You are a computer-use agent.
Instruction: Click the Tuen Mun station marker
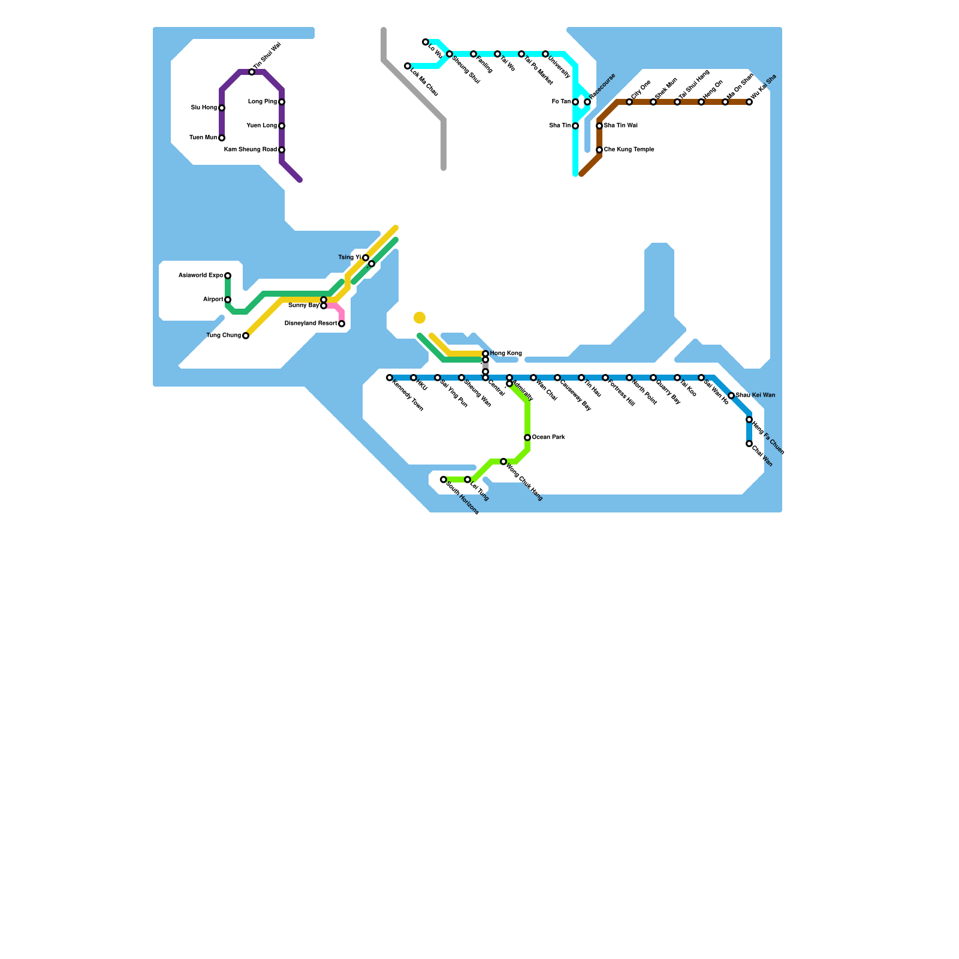222,138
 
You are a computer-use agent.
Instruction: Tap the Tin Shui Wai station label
267,56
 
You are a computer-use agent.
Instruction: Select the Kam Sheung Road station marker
282,150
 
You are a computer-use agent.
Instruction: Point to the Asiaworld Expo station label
201,276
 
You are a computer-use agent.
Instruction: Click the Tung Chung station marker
246,336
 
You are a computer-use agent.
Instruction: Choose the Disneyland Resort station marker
342,324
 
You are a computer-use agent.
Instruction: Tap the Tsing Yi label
349,258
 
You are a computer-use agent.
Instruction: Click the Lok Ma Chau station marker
408,66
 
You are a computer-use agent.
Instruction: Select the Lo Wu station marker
426,42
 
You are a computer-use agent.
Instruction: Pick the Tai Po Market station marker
521,54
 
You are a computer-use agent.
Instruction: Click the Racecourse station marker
587,102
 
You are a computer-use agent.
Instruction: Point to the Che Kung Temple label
629,150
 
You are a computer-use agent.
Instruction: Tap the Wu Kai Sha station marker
749,102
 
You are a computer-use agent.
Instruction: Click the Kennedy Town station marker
390,378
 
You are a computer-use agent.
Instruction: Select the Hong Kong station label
506,354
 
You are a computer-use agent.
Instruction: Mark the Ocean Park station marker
527,438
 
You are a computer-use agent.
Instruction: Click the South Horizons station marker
444,479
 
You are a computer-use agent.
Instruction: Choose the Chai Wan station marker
749,444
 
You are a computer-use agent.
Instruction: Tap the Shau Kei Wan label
755,396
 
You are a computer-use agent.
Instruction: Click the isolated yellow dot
420,318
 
